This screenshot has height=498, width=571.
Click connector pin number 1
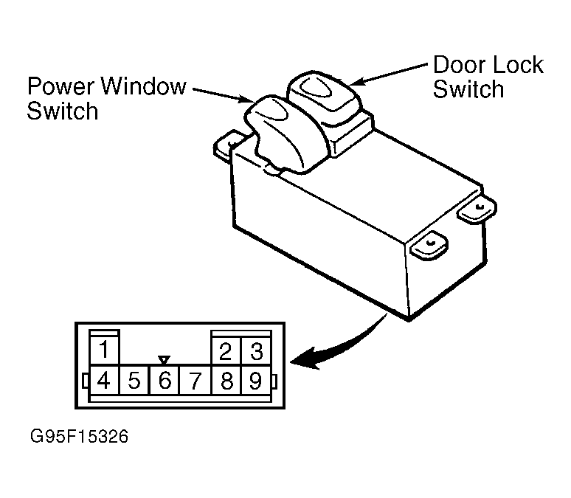105,349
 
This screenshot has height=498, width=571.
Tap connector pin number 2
226,349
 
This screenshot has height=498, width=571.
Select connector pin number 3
255,349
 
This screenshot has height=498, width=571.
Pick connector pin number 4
105,381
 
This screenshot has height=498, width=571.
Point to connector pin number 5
134,381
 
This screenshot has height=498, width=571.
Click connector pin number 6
165,381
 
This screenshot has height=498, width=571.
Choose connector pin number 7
195,381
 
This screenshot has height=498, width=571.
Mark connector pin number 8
226,381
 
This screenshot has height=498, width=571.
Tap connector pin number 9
255,381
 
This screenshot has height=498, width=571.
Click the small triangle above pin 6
165,360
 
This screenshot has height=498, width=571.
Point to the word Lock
516,65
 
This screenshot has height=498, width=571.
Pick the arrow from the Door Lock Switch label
391,73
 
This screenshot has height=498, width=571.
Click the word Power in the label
61,88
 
